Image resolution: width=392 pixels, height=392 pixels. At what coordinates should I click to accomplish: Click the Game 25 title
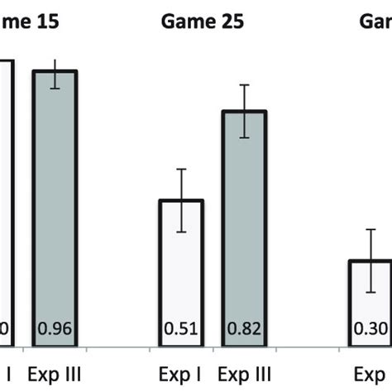(x=203, y=22)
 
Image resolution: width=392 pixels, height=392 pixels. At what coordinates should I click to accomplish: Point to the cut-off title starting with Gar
(x=375, y=22)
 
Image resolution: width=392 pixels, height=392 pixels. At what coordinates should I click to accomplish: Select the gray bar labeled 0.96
(x=55, y=207)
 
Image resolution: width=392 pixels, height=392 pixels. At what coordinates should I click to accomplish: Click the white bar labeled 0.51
(x=181, y=273)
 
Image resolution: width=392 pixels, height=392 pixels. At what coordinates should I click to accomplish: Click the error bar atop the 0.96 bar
(x=55, y=74)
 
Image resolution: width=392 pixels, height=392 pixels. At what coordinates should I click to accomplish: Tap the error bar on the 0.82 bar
(x=245, y=111)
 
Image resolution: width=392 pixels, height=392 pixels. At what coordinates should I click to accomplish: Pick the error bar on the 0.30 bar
(x=372, y=261)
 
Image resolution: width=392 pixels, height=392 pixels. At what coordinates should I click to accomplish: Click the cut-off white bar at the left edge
(x=6, y=207)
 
